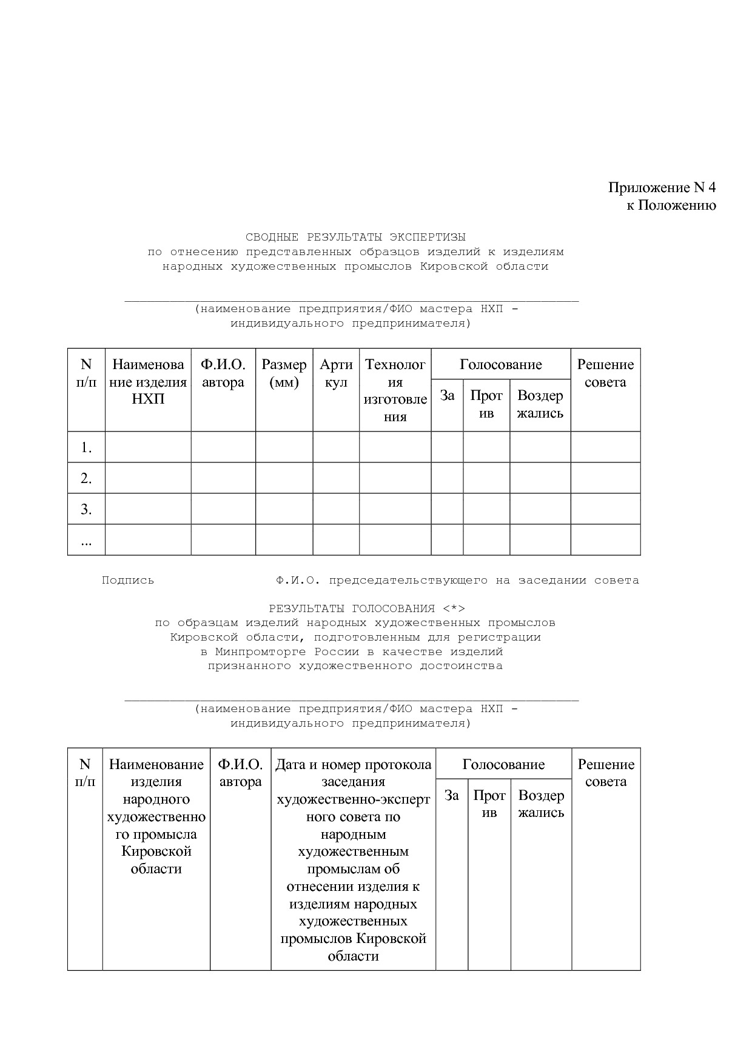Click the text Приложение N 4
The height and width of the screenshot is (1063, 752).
click(662, 187)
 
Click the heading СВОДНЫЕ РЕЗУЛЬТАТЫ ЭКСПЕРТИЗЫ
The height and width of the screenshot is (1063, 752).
click(355, 236)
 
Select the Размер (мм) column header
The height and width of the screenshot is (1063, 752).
click(284, 373)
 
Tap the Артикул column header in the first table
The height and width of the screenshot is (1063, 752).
click(336, 373)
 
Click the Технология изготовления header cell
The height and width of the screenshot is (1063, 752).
click(395, 390)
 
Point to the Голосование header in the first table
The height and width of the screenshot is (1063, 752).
click(500, 364)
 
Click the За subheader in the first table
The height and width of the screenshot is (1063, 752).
click(447, 396)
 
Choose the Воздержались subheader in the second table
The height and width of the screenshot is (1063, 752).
click(541, 804)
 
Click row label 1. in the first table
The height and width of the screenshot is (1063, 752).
click(86, 448)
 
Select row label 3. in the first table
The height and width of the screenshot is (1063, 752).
click(86, 509)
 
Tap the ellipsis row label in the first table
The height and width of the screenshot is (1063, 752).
click(86, 541)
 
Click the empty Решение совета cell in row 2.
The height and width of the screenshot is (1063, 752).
click(605, 478)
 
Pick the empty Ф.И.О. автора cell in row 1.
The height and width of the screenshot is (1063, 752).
click(223, 447)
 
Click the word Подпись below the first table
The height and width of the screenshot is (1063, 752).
click(128, 580)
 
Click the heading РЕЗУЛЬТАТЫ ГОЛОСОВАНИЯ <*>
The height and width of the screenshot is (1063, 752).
click(367, 608)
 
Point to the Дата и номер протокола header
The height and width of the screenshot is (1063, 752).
click(353, 765)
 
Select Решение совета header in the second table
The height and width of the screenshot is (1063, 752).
click(606, 773)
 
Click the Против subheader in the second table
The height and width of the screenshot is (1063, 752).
click(489, 804)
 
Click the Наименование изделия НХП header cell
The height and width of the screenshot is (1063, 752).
click(148, 382)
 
